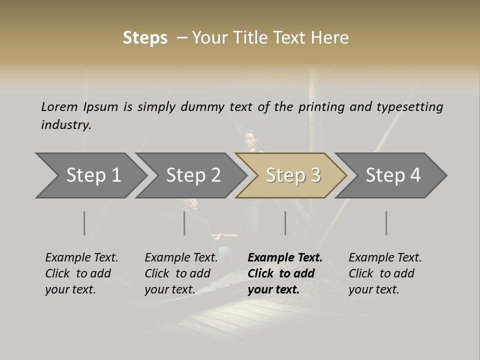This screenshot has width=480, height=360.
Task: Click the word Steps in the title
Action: (145, 38)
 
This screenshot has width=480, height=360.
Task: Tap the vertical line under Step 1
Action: (84, 223)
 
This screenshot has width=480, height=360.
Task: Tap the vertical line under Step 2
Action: (184, 223)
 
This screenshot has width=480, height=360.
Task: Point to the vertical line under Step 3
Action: (285, 223)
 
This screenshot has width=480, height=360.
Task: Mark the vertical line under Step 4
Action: (386, 223)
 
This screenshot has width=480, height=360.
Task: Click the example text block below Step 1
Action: (81, 273)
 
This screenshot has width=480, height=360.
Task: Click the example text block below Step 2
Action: (181, 273)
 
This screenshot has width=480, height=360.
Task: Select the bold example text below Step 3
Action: (285, 273)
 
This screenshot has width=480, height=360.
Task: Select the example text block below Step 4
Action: (385, 273)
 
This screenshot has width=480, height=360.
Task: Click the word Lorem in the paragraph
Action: (59, 107)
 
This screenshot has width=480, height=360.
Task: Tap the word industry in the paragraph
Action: (66, 125)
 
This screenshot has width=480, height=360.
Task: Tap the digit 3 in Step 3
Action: (315, 175)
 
